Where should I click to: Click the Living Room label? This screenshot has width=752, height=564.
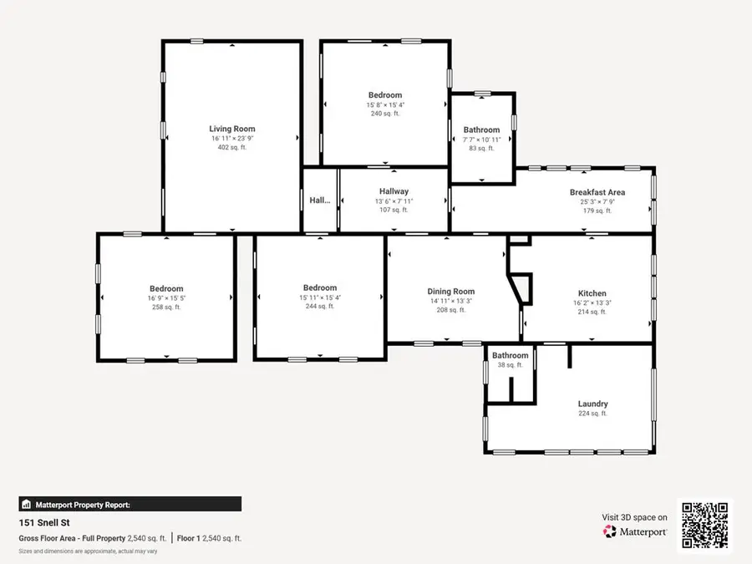(231, 129)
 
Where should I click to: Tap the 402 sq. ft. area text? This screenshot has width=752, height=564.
(231, 147)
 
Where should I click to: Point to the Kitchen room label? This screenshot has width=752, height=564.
(592, 293)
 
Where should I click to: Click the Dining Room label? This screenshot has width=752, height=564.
(451, 292)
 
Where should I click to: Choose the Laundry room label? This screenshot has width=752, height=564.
(592, 404)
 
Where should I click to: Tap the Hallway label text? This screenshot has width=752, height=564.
(394, 191)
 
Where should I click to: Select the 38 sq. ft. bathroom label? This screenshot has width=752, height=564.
(510, 365)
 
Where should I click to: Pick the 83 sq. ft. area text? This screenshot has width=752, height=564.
(481, 148)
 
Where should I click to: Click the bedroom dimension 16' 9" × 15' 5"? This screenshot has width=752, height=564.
(166, 298)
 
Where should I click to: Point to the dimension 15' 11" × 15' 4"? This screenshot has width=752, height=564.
(320, 297)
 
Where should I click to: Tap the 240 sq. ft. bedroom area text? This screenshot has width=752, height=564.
(385, 114)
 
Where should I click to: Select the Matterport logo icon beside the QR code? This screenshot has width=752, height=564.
(610, 531)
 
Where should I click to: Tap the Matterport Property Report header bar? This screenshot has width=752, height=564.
(130, 504)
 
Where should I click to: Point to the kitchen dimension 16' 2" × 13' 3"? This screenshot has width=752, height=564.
(592, 302)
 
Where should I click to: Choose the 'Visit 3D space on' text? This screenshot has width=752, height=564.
(634, 517)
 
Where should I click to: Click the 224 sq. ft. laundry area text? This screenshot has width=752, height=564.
(592, 414)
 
